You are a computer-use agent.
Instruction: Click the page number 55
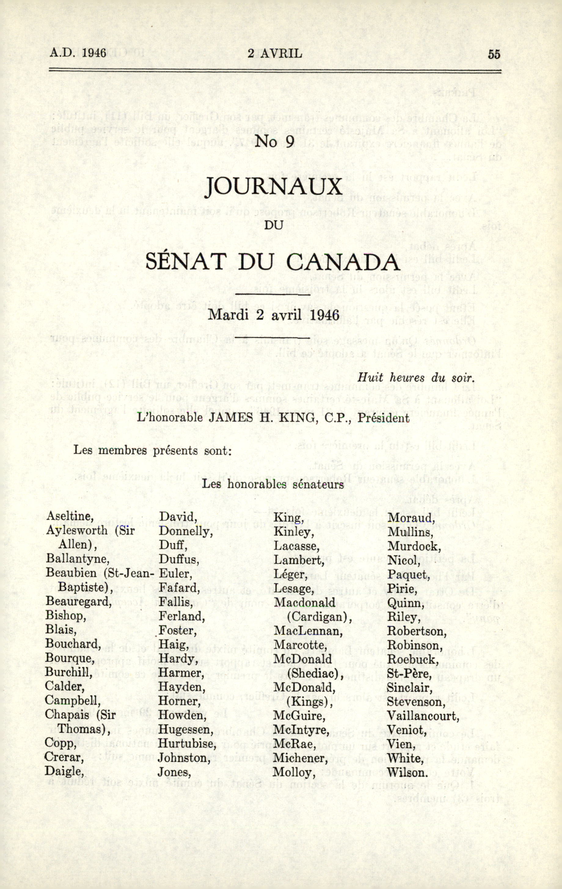point(494,54)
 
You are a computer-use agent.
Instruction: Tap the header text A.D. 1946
point(78,53)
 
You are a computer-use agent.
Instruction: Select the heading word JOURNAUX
point(274,187)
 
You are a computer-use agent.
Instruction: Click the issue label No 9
point(274,141)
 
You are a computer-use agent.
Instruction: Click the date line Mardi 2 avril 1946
point(274,315)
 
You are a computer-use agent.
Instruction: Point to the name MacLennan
point(308,631)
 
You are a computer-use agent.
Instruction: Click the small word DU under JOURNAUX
point(274,224)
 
